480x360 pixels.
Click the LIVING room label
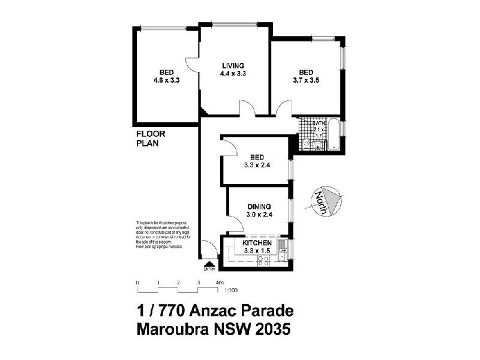click(x=233, y=65)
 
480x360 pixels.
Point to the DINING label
click(x=259, y=206)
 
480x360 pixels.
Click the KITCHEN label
click(x=257, y=243)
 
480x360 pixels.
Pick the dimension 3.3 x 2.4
click(x=256, y=165)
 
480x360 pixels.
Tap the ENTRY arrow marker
click(x=209, y=264)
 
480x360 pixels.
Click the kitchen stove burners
click(x=262, y=260)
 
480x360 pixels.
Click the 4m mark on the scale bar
click(x=220, y=282)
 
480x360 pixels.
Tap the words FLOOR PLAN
click(x=150, y=139)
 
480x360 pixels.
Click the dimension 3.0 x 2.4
click(x=259, y=214)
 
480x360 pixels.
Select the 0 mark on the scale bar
click(x=137, y=282)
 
